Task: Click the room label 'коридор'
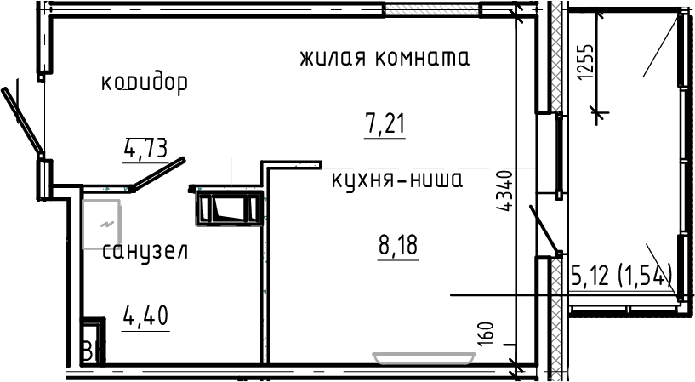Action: coord(144,83)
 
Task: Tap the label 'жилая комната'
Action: coord(385,59)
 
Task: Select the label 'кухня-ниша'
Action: coord(396,180)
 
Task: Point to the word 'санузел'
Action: coord(145,252)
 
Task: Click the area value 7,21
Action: coord(385,124)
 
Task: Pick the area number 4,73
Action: coord(145,150)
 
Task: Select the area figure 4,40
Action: coord(145,316)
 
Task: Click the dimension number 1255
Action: coord(584,61)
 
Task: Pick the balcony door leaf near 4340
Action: coord(544,230)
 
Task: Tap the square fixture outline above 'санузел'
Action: coord(102,223)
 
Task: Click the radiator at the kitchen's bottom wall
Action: coord(423,356)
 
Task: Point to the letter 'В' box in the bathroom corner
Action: coord(88,350)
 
